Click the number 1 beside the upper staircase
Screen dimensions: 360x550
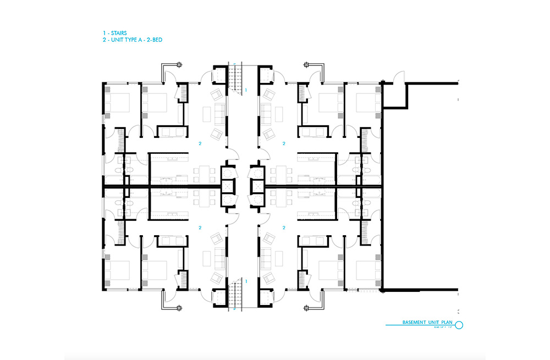coord(246,89)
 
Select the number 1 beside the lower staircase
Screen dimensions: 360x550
coord(246,281)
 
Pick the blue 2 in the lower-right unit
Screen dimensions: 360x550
coord(284,227)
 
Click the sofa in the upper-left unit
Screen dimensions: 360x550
coord(218,113)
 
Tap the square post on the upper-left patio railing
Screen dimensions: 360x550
coord(163,66)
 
